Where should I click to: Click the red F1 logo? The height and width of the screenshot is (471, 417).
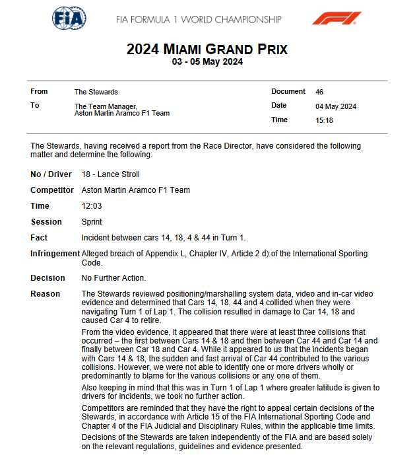click(337, 18)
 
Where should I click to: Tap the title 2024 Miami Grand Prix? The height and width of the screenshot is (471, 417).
click(207, 50)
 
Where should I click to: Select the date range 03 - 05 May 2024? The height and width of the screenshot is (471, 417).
click(207, 62)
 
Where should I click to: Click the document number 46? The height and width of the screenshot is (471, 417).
click(319, 92)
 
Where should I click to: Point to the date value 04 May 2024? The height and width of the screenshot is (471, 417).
click(336, 106)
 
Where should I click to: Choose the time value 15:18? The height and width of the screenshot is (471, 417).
click(324, 120)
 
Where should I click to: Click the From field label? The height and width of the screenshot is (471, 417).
click(40, 92)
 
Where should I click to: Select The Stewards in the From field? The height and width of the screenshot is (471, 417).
click(96, 92)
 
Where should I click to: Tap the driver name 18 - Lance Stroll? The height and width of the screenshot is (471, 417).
click(110, 174)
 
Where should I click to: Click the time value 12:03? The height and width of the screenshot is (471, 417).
click(91, 206)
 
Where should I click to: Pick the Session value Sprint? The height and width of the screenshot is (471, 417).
click(92, 222)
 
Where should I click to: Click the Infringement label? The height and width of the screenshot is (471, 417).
click(54, 254)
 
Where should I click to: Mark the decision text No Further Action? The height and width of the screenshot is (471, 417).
click(113, 278)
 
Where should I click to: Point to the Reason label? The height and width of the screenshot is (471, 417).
click(46, 294)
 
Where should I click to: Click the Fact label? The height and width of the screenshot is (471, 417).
click(40, 238)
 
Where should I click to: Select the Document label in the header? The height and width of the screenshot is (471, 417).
click(288, 92)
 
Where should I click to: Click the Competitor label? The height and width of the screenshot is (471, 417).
click(51, 190)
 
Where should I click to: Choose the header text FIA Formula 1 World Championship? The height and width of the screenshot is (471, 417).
click(198, 19)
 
